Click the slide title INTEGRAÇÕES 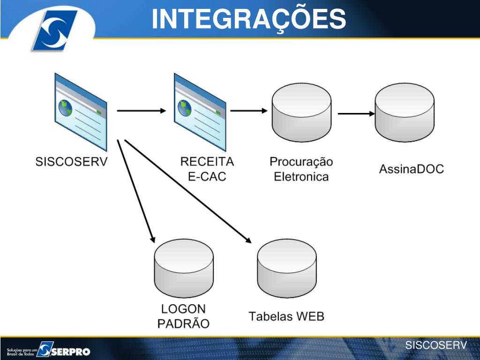click(249, 19)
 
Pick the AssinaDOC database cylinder click(405, 114)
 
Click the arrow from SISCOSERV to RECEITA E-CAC click(141, 111)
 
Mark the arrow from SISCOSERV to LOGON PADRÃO click(136, 190)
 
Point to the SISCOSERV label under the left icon click(72, 162)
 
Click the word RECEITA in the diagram click(207, 162)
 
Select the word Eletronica click(301, 177)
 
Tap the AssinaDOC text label click(411, 169)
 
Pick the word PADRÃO click(183, 324)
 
